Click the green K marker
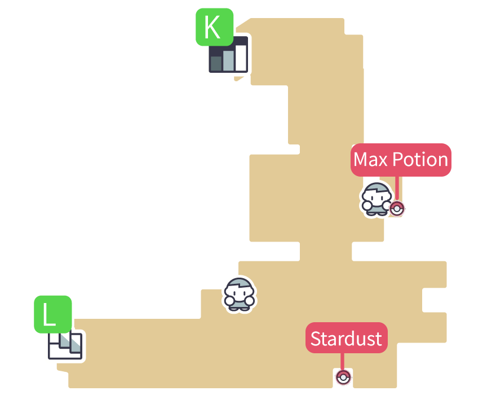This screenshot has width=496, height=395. [x=214, y=27]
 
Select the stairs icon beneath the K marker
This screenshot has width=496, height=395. [x=228, y=55]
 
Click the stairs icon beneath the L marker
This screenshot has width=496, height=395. [x=65, y=346]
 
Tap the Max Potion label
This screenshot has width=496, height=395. [x=401, y=160]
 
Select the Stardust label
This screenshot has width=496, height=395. [x=346, y=338]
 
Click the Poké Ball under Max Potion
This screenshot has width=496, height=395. [x=397, y=209]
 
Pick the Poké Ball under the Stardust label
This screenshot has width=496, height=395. [x=343, y=377]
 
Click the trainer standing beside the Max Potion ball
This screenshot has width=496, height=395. [x=376, y=199]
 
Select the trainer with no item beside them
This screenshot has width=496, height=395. [x=240, y=294]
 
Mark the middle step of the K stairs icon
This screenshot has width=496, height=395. [x=228, y=60]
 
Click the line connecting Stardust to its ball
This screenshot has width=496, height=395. [x=342, y=361]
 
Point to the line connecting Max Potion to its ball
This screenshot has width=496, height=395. [x=397, y=188]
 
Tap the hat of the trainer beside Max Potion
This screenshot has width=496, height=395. [x=377, y=188]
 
